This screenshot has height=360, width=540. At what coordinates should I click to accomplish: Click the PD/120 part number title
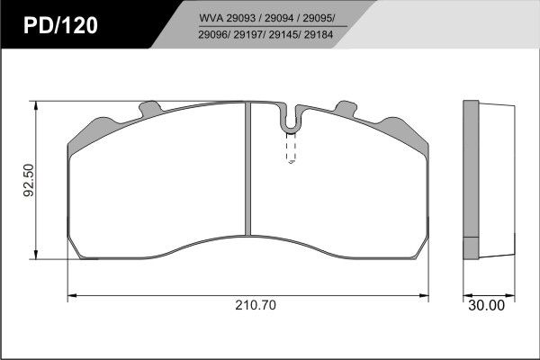60,25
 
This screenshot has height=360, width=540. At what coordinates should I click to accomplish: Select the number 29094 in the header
279,18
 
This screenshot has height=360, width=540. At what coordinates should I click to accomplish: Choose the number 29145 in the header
284,35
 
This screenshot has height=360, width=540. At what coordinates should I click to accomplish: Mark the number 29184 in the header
319,35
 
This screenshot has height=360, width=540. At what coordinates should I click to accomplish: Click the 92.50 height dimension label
29,180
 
